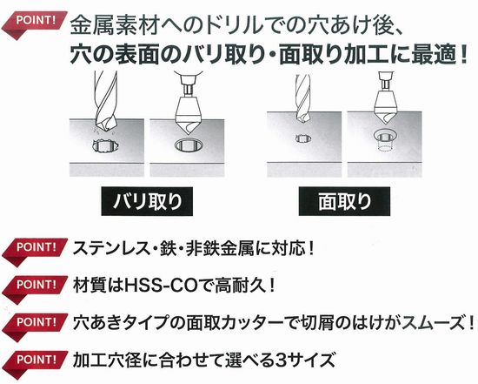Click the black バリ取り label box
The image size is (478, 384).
147,201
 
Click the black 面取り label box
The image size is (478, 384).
344,201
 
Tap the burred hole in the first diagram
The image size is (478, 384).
105,146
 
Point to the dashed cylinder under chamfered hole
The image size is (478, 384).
384,146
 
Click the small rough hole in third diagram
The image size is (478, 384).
303,138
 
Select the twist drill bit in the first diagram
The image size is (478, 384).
105,103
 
